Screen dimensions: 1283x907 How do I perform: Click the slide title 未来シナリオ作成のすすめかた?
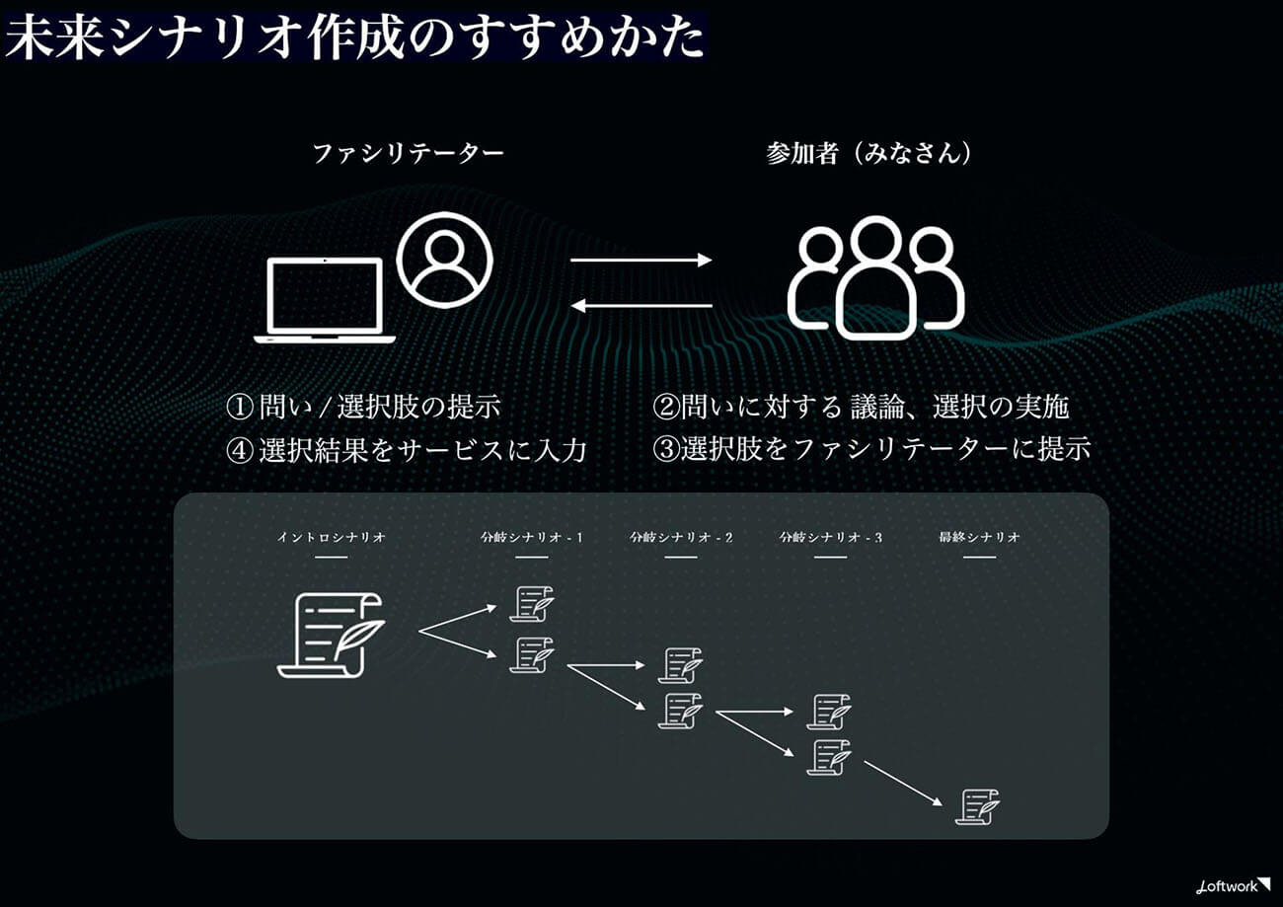[354, 38]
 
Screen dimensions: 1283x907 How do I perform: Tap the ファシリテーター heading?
[409, 153]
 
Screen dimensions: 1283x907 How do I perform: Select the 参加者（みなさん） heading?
[868, 153]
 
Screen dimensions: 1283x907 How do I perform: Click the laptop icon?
[325, 301]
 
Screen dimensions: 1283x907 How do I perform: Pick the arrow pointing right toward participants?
[641, 260]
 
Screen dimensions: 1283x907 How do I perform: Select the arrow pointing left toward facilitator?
[641, 305]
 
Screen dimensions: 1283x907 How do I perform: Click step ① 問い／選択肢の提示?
[364, 408]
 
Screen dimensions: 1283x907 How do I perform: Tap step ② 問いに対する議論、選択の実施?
[861, 408]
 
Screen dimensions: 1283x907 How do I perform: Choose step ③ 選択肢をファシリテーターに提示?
[871, 449]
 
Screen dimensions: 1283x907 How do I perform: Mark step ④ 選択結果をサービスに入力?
[407, 450]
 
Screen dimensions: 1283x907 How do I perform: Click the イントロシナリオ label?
[331, 537]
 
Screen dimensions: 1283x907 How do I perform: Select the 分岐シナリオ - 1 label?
[532, 537]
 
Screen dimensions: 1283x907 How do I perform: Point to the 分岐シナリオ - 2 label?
[681, 537]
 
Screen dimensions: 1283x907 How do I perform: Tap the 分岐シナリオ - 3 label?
[831, 537]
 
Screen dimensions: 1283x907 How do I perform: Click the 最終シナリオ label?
[979, 537]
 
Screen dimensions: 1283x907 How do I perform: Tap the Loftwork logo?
[1234, 887]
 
